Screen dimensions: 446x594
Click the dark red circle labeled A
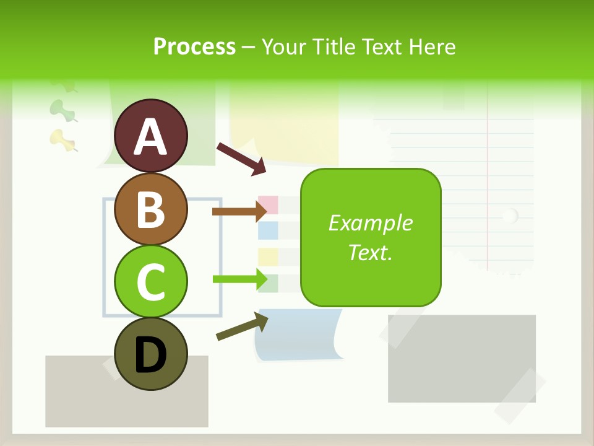pos(150,136)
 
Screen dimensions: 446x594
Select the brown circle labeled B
pos(150,209)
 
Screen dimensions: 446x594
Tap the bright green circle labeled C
pos(150,282)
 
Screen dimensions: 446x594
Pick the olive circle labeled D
pos(150,354)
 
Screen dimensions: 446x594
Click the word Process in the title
pos(194,46)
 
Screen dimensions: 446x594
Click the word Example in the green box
pos(370,223)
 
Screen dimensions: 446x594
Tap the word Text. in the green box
pos(370,252)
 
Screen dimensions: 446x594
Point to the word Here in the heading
pos(433,46)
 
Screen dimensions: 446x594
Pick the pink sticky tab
pos(268,204)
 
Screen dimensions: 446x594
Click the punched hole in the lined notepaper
pos(510,216)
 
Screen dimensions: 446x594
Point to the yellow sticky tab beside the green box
pos(268,256)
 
